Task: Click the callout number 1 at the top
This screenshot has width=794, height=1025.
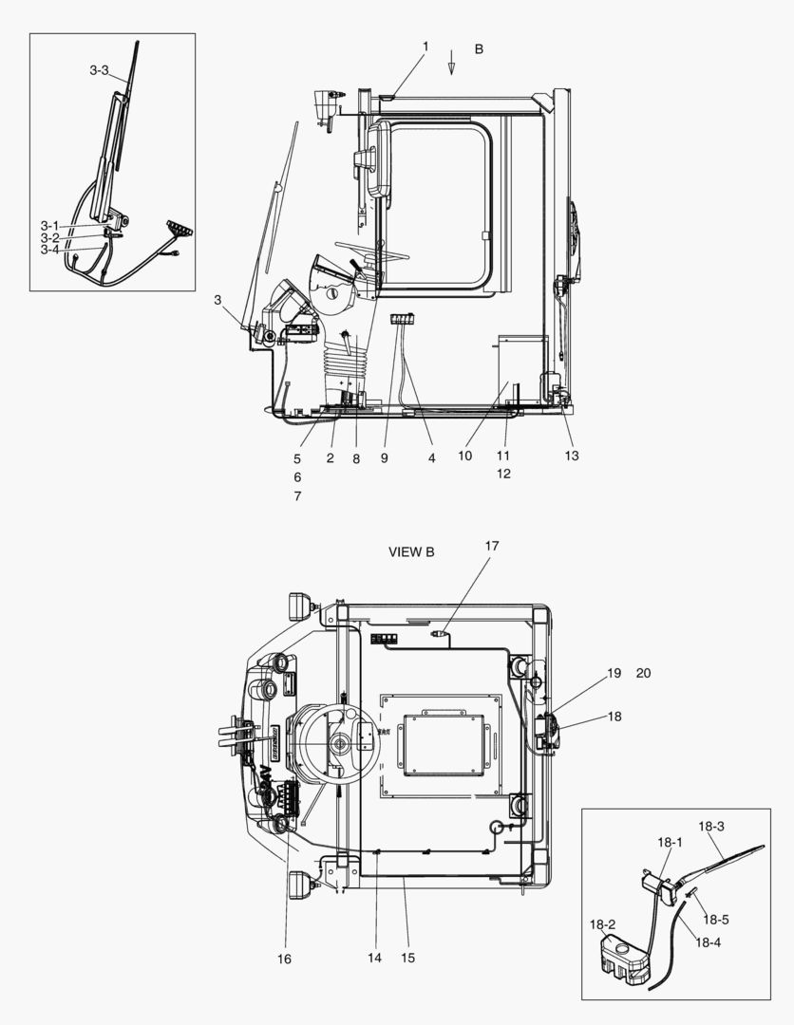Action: tap(425, 47)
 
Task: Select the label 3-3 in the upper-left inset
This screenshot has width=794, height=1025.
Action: tap(100, 70)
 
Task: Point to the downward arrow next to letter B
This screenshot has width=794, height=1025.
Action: tap(452, 65)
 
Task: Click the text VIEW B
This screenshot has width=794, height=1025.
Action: tap(411, 552)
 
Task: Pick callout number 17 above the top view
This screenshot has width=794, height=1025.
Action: tap(491, 546)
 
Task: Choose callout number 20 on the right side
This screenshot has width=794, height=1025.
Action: tap(643, 673)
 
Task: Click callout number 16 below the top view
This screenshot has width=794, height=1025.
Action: tap(284, 959)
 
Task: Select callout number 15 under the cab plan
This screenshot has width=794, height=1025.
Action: tap(407, 959)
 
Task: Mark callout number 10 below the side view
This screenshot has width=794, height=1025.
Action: tap(465, 456)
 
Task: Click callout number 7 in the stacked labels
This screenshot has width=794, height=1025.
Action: tap(297, 495)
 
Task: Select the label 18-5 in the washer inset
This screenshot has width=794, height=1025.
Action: tap(715, 920)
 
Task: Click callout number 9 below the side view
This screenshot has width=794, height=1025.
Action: tap(385, 457)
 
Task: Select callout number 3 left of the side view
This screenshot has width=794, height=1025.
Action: tap(217, 300)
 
